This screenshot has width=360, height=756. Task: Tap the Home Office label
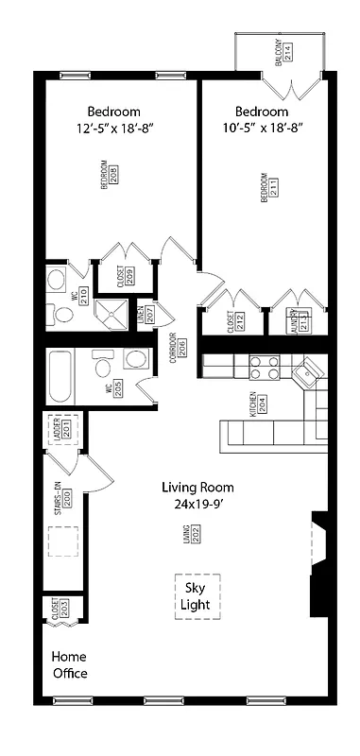[70, 665]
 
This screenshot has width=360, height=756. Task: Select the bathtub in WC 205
[60, 379]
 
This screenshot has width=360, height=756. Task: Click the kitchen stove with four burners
[266, 367]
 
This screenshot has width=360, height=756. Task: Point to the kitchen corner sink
[307, 375]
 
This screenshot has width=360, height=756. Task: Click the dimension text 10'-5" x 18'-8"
[262, 128]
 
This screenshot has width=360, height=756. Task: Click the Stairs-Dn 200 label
[61, 499]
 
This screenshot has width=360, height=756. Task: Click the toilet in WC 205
[134, 361]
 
